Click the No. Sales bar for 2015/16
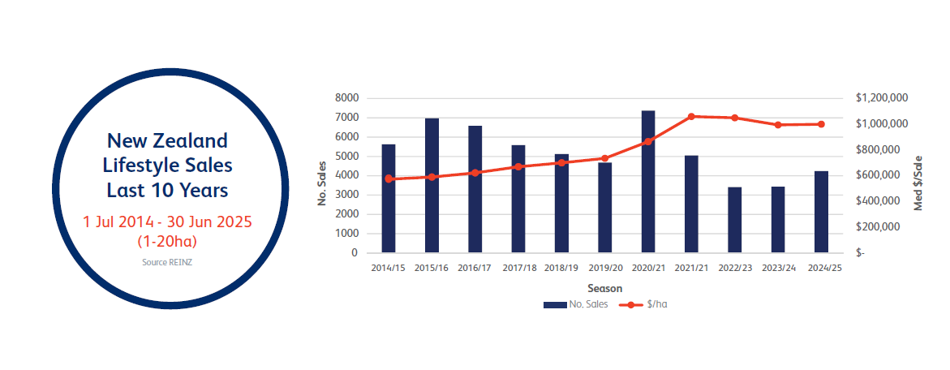tap(432, 186)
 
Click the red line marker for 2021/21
tap(691, 117)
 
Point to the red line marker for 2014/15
tap(389, 179)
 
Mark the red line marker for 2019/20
tap(605, 158)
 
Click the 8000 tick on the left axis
tap(346, 98)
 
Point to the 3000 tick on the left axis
tap(346, 195)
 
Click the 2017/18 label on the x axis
tap(518, 267)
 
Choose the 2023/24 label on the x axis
tap(778, 267)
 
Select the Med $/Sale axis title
tap(919, 182)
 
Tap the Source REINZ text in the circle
tap(167, 262)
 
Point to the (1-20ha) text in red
tap(168, 241)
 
